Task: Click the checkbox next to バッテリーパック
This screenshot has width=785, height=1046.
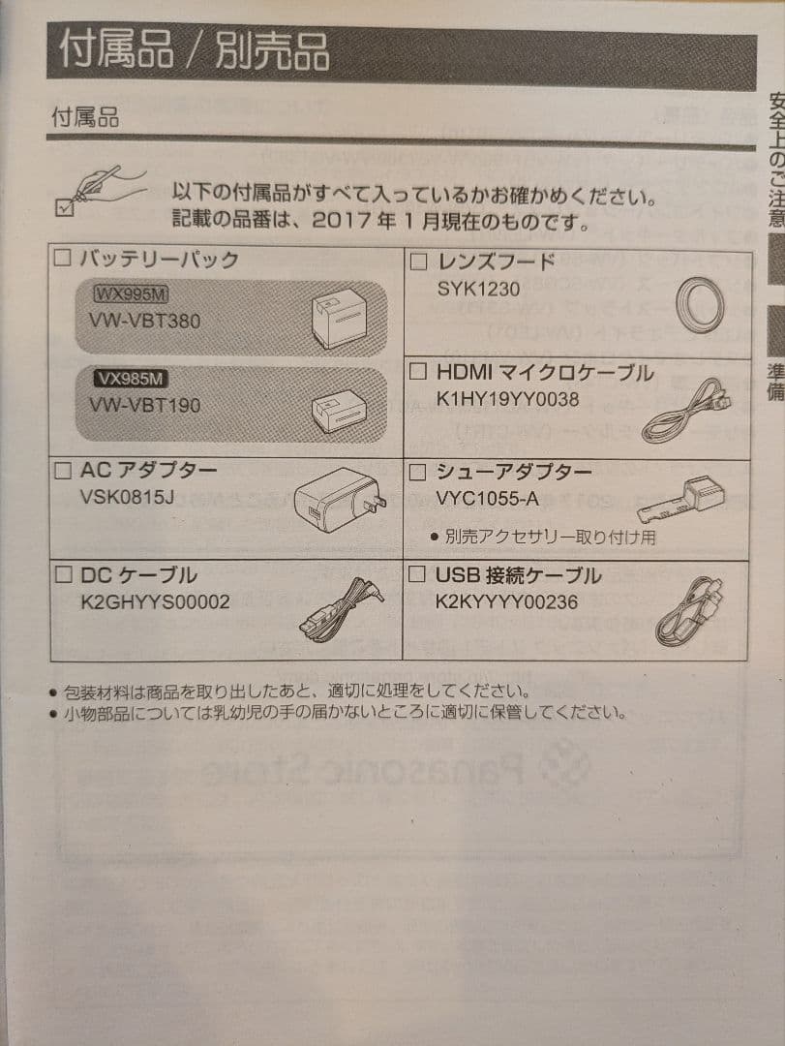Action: pyautogui.click(x=63, y=259)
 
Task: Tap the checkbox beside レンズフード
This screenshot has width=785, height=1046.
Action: pyautogui.click(x=418, y=261)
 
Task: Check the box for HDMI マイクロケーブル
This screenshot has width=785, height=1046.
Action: pyautogui.click(x=418, y=371)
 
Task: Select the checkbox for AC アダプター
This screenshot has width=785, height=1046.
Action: pyautogui.click(x=63, y=472)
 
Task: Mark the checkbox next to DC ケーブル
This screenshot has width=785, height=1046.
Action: pyautogui.click(x=63, y=575)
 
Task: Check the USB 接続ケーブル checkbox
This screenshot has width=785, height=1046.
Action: pyautogui.click(x=418, y=576)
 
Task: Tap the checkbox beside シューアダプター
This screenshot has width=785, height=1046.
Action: pyautogui.click(x=418, y=472)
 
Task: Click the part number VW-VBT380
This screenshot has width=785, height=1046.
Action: pyautogui.click(x=144, y=321)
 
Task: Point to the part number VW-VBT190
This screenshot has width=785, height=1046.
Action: pyautogui.click(x=144, y=405)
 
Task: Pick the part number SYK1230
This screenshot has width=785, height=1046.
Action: pyautogui.click(x=478, y=289)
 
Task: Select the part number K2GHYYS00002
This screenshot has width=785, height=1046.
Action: pyautogui.click(x=156, y=602)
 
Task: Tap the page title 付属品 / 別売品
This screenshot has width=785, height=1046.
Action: pyautogui.click(x=194, y=51)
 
